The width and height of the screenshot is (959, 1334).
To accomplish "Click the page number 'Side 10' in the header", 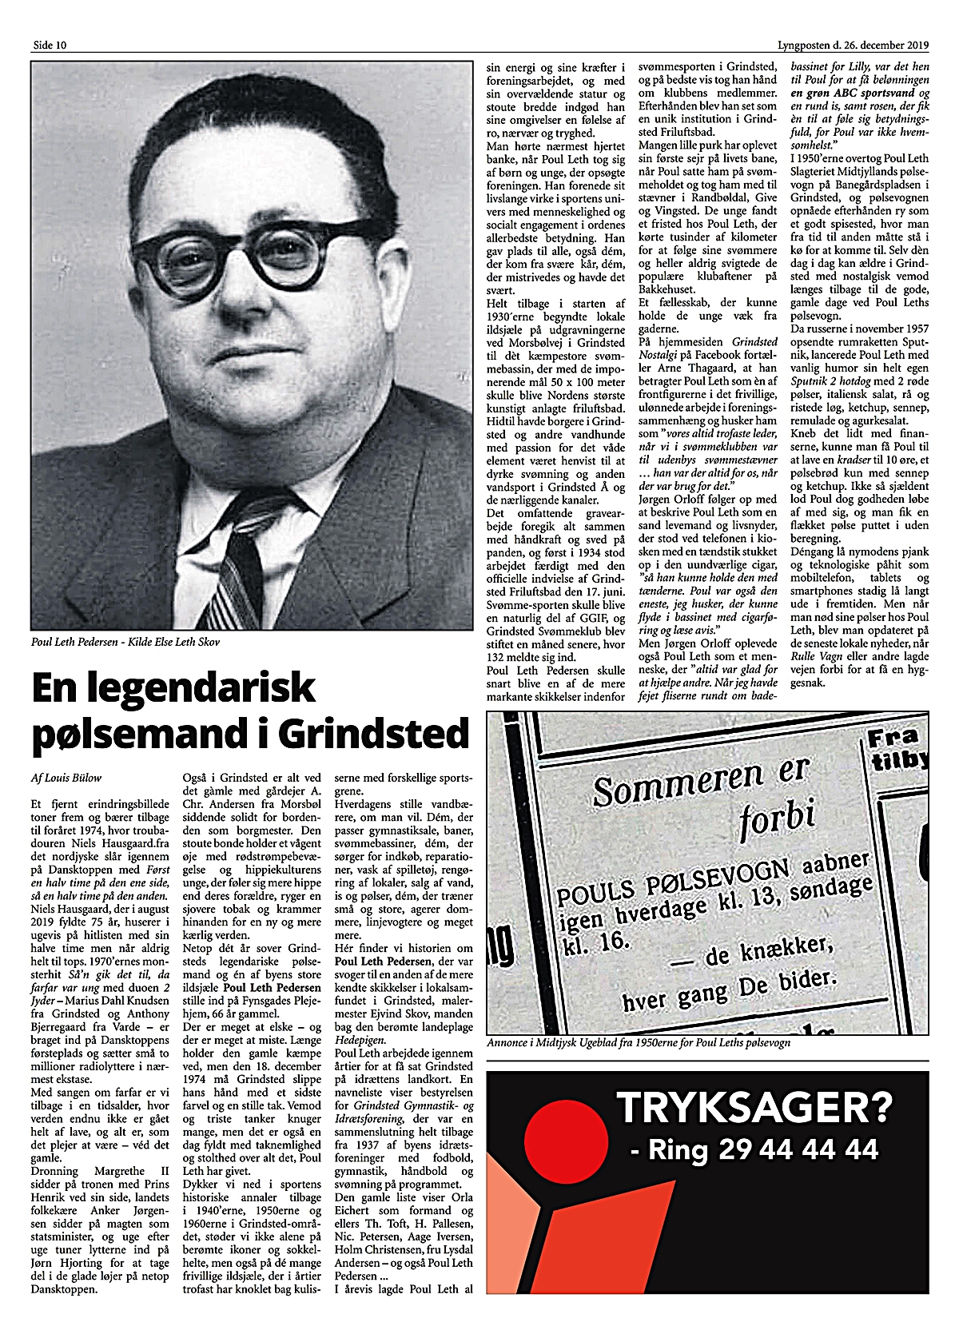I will point(49,45).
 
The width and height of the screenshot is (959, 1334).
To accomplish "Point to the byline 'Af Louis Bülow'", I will point(66,777).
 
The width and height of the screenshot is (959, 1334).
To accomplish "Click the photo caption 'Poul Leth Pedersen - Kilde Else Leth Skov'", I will point(125,641).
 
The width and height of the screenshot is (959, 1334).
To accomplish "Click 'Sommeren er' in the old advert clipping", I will point(701,780).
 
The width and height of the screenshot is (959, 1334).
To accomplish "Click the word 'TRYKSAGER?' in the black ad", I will point(753,1107).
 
